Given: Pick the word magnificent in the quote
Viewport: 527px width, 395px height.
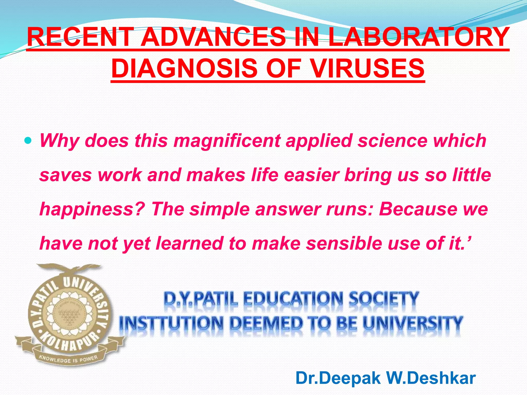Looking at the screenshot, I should (x=227, y=141).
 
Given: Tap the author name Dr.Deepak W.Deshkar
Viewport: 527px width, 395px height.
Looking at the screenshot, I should (x=385, y=378).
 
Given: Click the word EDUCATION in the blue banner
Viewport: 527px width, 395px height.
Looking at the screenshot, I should (x=293, y=299).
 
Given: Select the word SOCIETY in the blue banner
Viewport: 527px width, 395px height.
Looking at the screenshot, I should (x=383, y=299).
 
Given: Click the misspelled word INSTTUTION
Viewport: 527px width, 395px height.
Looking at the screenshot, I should (x=171, y=323).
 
